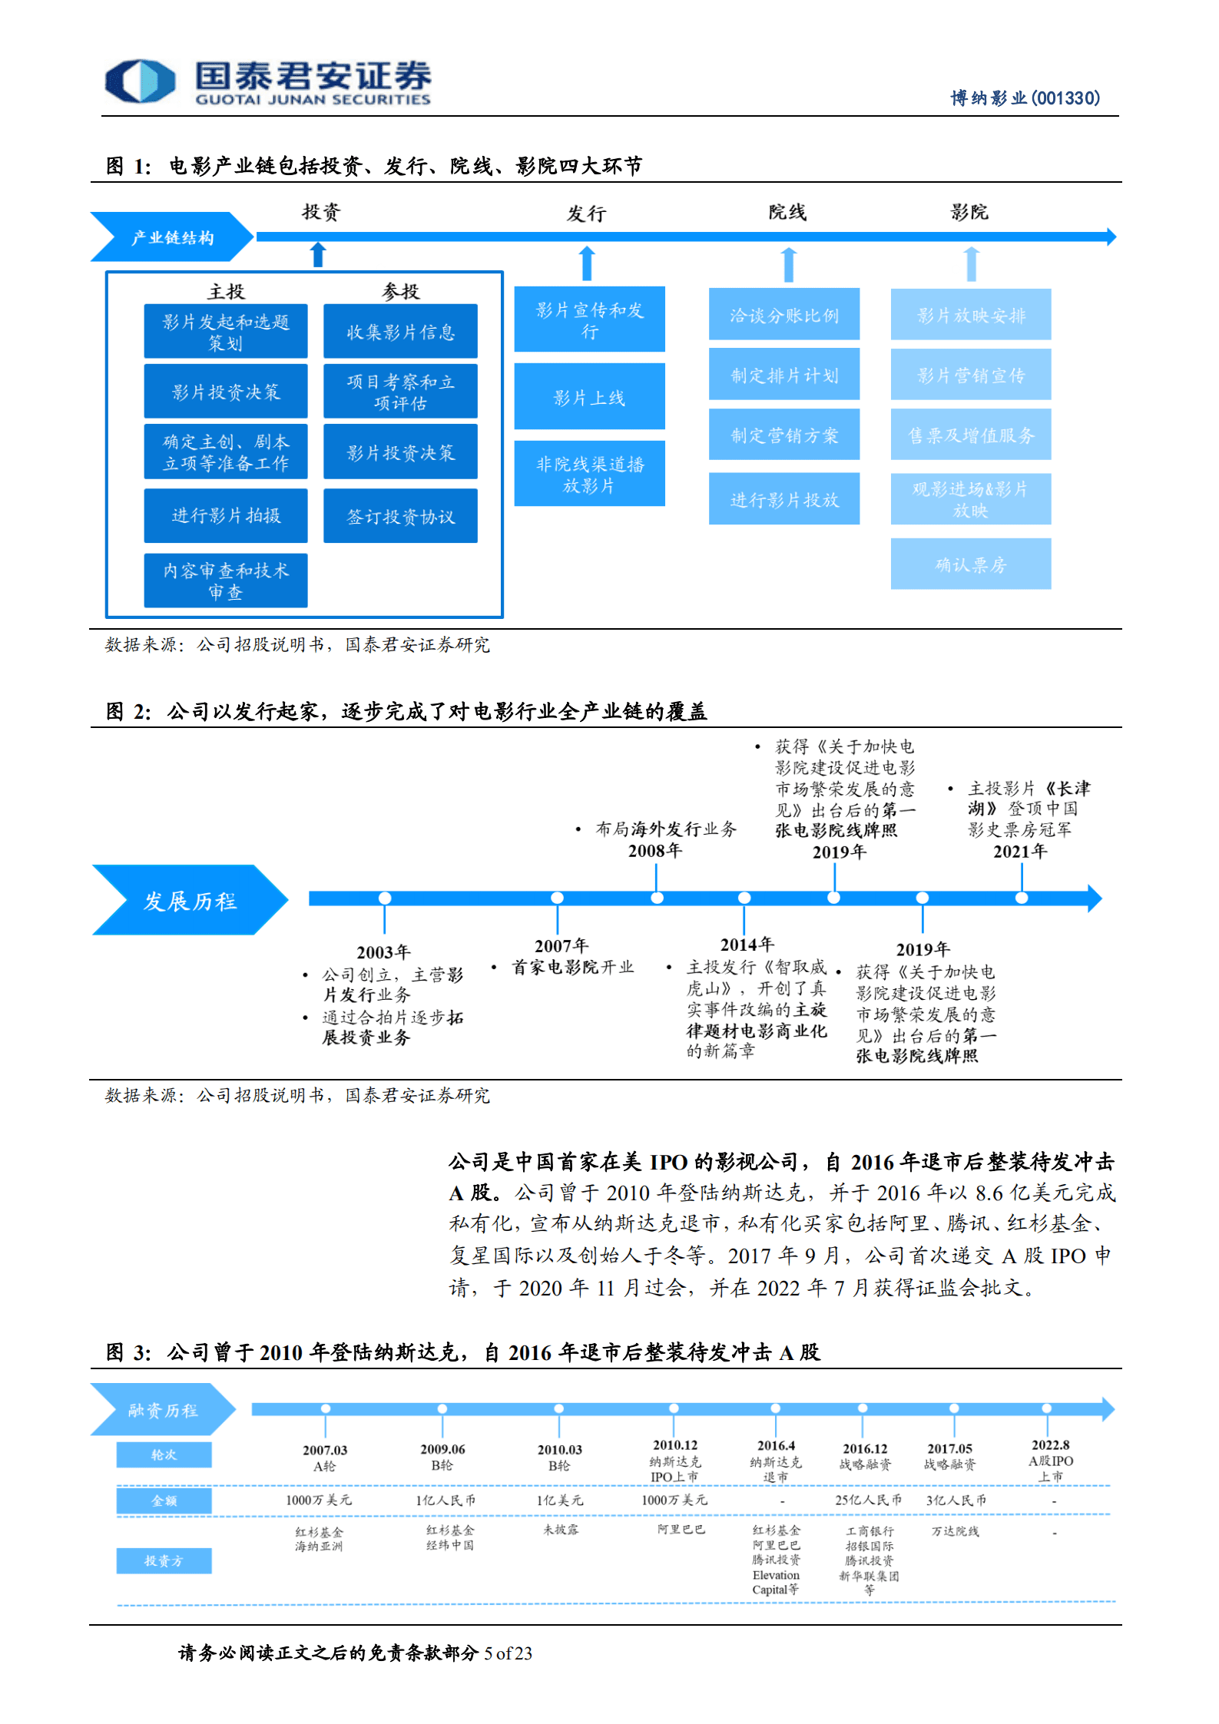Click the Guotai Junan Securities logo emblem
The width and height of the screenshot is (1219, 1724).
140,81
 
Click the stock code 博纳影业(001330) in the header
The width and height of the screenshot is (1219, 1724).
1025,98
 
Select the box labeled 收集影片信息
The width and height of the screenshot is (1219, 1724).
400,332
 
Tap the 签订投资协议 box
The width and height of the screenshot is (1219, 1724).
400,517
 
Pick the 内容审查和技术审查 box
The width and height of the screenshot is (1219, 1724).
226,581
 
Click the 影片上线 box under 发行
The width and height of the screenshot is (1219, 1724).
589,397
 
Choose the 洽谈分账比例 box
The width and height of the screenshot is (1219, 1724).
783,315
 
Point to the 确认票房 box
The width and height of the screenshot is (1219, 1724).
970,564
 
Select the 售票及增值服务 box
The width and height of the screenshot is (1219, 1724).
970,435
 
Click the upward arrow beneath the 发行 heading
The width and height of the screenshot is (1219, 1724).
587,263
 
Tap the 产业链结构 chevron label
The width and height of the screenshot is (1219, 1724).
172,237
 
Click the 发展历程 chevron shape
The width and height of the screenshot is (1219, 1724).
190,900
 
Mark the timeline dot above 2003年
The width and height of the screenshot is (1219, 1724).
385,898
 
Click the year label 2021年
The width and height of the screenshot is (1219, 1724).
1019,851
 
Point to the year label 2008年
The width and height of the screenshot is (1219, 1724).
654,850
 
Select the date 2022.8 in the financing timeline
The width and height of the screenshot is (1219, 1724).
1050,1444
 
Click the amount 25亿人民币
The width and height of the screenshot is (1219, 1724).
868,1500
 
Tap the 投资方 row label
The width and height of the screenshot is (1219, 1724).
164,1560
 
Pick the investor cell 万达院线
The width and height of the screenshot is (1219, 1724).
955,1531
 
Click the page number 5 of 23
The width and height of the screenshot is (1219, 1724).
508,1653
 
